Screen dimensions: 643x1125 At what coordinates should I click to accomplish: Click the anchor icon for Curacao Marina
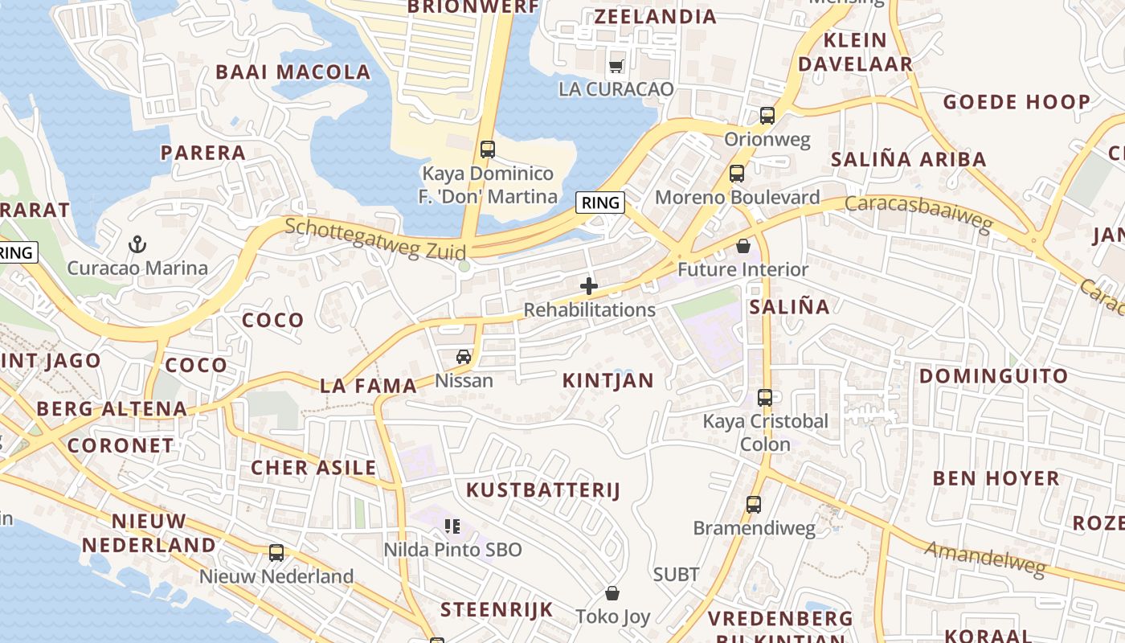tap(137, 244)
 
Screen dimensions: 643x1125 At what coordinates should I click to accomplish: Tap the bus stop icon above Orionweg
tap(767, 115)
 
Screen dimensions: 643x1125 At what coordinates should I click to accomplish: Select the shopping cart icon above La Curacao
tap(616, 65)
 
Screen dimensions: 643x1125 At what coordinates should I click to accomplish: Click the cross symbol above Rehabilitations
tap(589, 285)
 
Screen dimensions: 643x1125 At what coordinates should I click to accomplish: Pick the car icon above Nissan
tap(464, 356)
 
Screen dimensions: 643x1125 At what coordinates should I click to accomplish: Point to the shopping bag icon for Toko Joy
tap(612, 593)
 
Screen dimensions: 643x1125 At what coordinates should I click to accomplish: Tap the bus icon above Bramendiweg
tap(754, 505)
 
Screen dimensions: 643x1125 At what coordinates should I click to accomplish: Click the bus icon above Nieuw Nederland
tap(276, 553)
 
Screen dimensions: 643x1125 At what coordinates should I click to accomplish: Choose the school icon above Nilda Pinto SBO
tap(452, 526)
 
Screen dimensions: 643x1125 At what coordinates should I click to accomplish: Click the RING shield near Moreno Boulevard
tap(601, 203)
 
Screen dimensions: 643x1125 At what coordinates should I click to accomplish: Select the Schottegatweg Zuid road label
tap(375, 239)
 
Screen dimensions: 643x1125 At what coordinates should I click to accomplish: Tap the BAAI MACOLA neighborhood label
tap(293, 72)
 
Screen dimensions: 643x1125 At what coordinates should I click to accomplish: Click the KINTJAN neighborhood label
tap(608, 381)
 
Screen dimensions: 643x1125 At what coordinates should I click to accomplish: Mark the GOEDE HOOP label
tap(1017, 102)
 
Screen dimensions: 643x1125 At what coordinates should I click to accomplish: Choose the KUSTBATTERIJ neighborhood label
tap(543, 490)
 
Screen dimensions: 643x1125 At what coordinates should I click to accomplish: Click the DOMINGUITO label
tap(993, 376)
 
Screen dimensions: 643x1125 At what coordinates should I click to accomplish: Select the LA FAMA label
tap(368, 386)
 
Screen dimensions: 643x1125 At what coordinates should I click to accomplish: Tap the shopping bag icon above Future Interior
tap(743, 245)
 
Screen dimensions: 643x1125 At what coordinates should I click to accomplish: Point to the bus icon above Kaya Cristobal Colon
tap(765, 397)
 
